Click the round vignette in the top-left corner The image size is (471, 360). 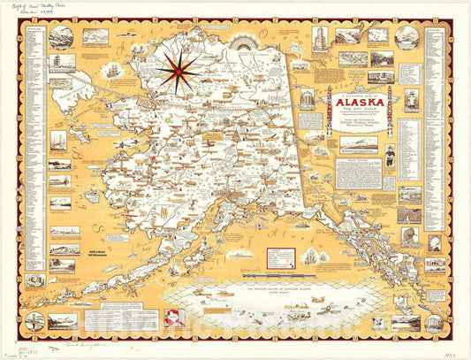61,37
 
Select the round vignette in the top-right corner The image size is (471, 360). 406,36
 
